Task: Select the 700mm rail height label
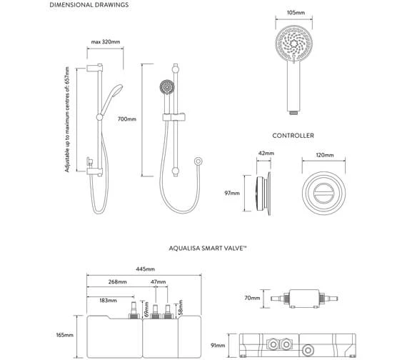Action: coord(127,119)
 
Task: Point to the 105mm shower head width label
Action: coord(294,12)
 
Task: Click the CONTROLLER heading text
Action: coord(293,135)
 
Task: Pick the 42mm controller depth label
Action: coord(265,154)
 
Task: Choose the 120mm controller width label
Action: coord(325,154)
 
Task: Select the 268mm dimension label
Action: coord(118,282)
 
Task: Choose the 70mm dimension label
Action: coord(251,298)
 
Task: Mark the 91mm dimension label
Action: coord(219,345)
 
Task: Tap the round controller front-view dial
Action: coord(325,194)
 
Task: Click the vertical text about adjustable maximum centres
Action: coord(67,119)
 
